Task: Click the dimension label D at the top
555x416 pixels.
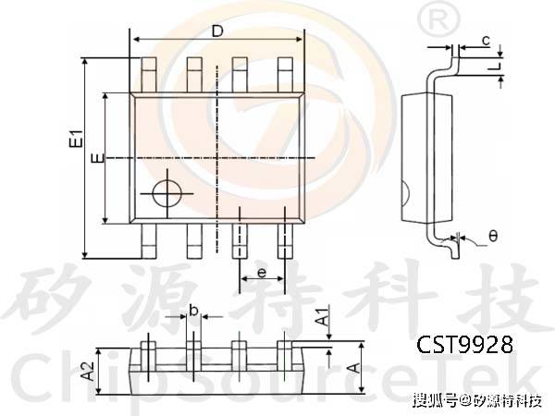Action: point(217,31)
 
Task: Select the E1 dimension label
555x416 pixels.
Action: point(78,142)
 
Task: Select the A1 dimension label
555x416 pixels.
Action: point(320,317)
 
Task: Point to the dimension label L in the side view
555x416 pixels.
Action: point(498,67)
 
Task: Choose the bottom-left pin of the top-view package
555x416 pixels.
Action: point(149,242)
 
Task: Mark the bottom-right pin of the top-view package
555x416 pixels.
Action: point(286,242)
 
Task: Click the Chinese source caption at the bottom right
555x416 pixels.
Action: point(477,400)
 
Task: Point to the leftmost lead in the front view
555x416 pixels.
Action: point(147,354)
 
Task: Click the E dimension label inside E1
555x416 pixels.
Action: point(95,157)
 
